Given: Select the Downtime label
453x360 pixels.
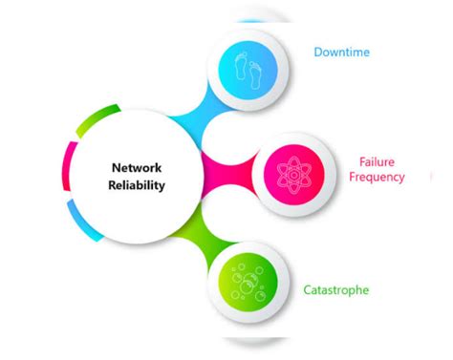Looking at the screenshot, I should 341,52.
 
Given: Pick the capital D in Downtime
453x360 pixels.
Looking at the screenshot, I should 318,52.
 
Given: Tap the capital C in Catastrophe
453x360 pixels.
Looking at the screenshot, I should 309,289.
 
